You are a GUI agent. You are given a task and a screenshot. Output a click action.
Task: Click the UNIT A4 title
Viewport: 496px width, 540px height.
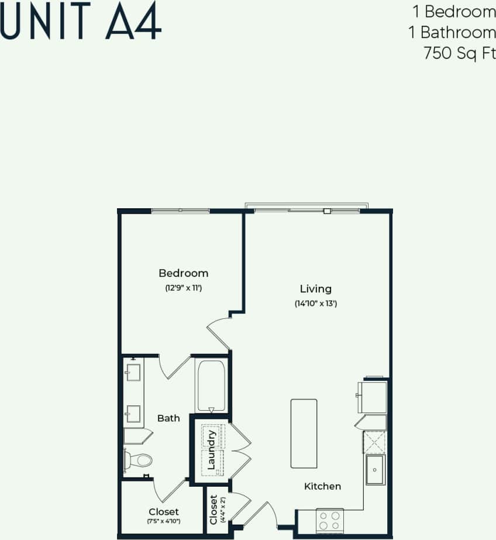point(81,21)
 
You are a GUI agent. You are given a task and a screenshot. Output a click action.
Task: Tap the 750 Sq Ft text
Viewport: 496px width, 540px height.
point(459,54)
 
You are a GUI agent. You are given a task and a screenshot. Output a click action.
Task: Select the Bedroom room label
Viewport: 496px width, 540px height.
point(183,273)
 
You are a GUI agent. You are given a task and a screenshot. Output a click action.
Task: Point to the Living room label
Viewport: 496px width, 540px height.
point(316,289)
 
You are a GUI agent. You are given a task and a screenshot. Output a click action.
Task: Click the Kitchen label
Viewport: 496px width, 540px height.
point(322,487)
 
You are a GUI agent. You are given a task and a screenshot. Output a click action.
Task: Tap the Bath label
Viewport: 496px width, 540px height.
point(168,418)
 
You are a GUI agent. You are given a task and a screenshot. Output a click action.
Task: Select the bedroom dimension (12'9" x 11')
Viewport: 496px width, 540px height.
point(183,288)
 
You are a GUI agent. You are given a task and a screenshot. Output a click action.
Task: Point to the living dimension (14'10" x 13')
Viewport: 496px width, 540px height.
point(316,304)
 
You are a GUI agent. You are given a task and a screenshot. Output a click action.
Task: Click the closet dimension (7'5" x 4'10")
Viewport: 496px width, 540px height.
point(163,521)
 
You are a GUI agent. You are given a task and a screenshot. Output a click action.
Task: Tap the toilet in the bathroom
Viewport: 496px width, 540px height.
point(138,460)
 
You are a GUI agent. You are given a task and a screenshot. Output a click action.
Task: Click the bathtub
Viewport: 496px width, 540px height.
point(211,386)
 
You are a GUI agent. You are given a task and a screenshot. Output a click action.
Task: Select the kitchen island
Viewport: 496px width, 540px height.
point(304,434)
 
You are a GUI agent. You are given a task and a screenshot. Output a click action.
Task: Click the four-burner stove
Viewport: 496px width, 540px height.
point(330,520)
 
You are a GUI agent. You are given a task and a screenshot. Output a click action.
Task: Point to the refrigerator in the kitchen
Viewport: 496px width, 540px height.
point(373,397)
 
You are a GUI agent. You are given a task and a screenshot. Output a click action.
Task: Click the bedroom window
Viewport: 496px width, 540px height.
point(180,211)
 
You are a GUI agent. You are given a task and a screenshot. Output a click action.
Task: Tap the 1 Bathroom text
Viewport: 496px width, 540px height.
point(458,32)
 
